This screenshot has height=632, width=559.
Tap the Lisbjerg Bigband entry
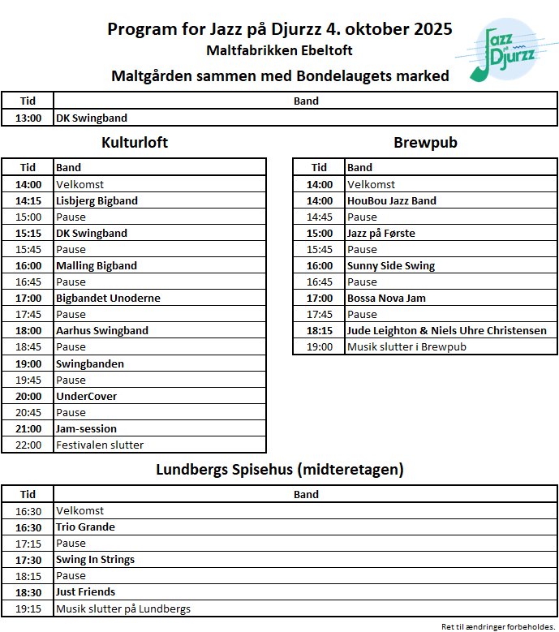pos(97,200)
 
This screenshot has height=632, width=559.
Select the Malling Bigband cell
pos(96,265)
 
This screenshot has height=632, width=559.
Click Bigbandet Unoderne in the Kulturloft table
pos(108,298)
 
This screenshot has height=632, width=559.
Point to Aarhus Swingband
pos(101,330)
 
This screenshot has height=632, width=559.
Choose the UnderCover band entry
pos(86,396)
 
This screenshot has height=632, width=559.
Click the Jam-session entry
pos(86,428)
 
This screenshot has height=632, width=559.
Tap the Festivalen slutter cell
pos(100,445)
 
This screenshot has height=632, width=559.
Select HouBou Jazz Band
pos(391,200)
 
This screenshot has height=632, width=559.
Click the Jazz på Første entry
pos(381,233)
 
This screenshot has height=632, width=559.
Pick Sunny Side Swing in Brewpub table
pos(390,265)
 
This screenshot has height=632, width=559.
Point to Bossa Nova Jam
pos(386,298)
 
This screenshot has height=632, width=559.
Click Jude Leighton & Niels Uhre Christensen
pos(446,330)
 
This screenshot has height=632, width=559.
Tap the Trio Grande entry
pos(85,527)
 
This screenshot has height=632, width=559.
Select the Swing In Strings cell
pos(95,559)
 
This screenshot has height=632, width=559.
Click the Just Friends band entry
pos(85,591)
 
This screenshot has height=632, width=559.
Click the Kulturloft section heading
pos(135,143)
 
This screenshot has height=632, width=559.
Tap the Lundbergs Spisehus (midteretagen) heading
pos(279,469)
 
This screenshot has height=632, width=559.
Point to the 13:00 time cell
pos(28,118)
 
